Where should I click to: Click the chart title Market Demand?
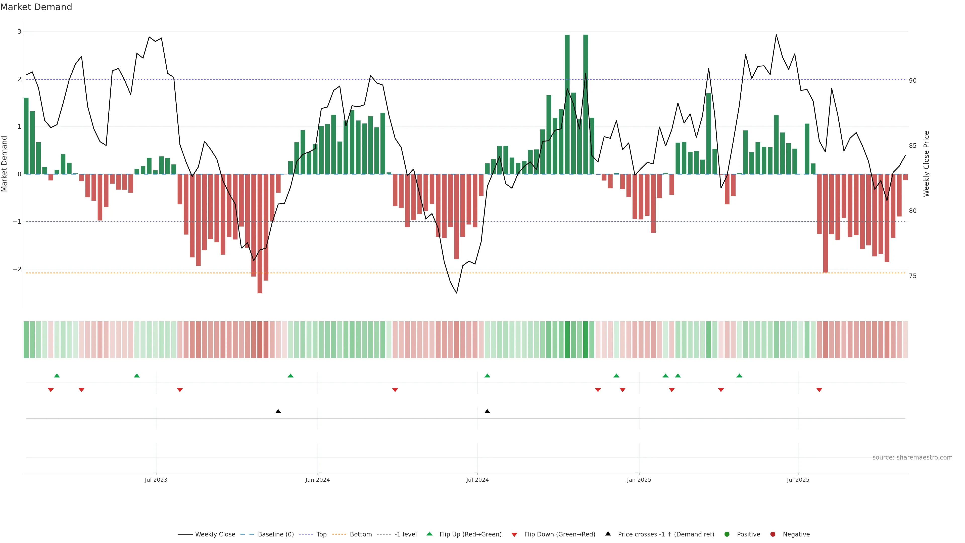click(36, 7)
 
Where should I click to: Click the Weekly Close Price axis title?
click(926, 164)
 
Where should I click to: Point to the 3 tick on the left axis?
click(20, 32)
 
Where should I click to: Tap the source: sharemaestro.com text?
click(912, 458)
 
